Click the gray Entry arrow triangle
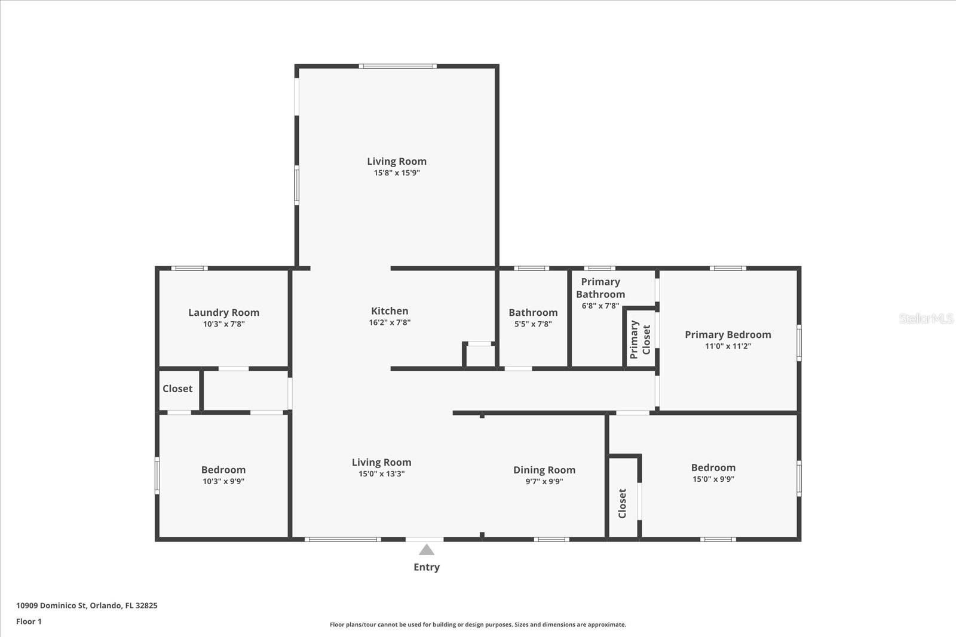click(427, 550)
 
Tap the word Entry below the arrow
click(427, 567)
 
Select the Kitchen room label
click(390, 311)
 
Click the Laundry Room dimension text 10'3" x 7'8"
click(223, 324)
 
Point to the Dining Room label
click(544, 470)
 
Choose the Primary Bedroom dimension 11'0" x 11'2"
click(728, 346)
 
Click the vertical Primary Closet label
click(640, 339)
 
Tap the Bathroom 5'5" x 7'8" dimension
click(533, 324)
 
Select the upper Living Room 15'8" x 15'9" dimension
click(397, 173)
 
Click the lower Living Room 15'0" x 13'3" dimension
click(382, 473)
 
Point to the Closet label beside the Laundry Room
click(177, 389)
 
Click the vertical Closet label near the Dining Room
click(622, 503)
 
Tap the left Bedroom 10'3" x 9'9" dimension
click(223, 481)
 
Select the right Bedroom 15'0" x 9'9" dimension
click(713, 479)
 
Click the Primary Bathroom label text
click(600, 288)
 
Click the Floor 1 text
click(29, 621)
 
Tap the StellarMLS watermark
click(926, 318)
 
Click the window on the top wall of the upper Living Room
click(398, 66)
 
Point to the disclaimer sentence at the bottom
click(478, 624)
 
